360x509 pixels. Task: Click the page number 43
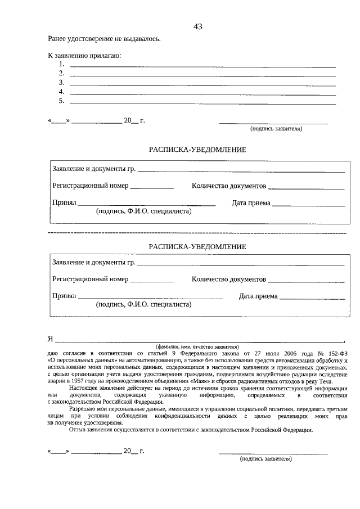[x=197, y=26]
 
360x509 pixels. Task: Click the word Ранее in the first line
[x=58, y=39]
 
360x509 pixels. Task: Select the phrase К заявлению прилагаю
[x=84, y=56]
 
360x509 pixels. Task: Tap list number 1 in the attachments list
[x=62, y=65]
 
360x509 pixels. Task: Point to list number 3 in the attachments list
[x=62, y=83]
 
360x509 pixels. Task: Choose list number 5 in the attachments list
[x=62, y=101]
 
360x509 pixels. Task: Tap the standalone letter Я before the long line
[x=51, y=339]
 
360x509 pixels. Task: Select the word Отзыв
[x=78, y=430]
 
